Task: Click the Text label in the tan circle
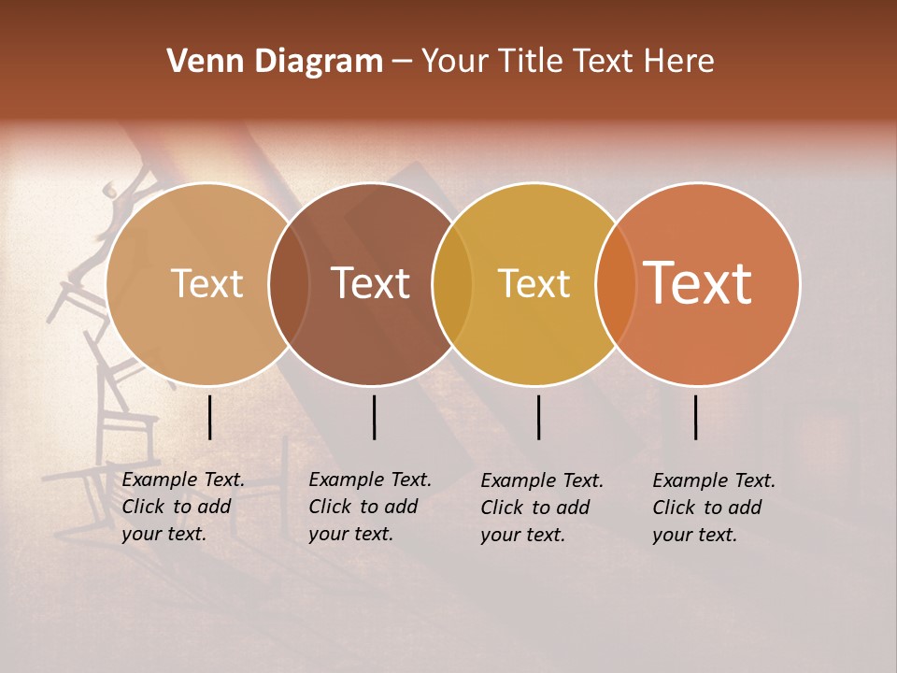pos(206,283)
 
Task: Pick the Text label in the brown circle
pos(370,283)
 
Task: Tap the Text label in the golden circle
pos(534,283)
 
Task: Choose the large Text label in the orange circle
pos(698,283)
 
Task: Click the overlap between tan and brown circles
pos(289,283)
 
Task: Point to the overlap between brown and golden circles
pos(452,283)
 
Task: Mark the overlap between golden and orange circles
pos(616,283)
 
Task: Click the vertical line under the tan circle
pos(210,417)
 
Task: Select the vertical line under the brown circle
pos(374,417)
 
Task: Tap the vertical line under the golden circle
pos(539,417)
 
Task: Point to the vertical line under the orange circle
pos(696,417)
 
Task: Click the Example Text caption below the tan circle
pos(183,507)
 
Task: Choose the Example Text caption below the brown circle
pos(370,507)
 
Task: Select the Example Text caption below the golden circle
pos(542,508)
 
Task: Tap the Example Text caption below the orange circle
pos(714,508)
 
